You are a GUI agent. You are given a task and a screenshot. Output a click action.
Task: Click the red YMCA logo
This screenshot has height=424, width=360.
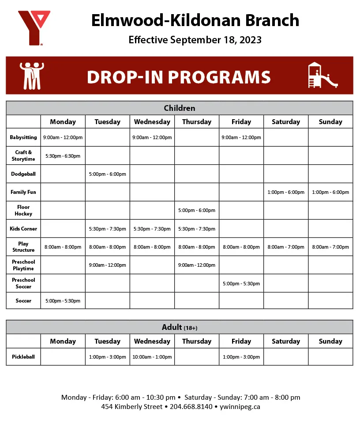pyautogui.click(x=34, y=27)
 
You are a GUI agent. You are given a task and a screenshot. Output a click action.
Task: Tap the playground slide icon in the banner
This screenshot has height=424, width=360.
pyautogui.click(x=322, y=75)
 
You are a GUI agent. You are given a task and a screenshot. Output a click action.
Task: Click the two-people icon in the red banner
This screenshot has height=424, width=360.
pyautogui.click(x=32, y=76)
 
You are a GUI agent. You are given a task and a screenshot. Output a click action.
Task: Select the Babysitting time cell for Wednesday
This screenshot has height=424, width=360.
pyautogui.click(x=152, y=137)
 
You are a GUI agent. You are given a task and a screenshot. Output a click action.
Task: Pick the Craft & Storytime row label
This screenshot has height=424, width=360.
pyautogui.click(x=23, y=155)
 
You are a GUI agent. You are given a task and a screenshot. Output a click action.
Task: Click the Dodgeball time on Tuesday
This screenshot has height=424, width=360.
pyautogui.click(x=108, y=174)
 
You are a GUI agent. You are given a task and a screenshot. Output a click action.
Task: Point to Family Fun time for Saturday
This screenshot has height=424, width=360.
pyautogui.click(x=286, y=192)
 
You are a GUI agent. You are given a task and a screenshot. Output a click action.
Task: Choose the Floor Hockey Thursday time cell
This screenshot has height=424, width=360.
pyautogui.click(x=197, y=210)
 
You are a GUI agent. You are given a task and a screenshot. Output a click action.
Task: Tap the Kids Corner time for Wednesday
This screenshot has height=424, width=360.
pyautogui.click(x=152, y=229)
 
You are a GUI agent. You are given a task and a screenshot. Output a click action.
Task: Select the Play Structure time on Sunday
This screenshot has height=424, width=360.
pyautogui.click(x=330, y=247)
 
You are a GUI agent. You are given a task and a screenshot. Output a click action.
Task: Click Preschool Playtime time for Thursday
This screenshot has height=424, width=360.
pyautogui.click(x=197, y=265)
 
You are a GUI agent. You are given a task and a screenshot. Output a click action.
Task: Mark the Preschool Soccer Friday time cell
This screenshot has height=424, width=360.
pyautogui.click(x=241, y=284)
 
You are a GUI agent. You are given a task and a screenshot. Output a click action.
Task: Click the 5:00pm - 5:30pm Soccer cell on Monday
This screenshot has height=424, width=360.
pyautogui.click(x=63, y=301)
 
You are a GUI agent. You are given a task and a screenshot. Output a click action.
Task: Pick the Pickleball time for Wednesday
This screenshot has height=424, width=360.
pyautogui.click(x=152, y=357)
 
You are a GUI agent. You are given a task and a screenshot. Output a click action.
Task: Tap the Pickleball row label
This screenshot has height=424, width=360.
pyautogui.click(x=23, y=357)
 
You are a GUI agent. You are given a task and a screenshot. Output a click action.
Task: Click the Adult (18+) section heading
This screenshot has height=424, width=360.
pyautogui.click(x=180, y=327)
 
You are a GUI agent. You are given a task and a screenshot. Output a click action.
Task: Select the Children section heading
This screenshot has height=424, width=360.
pyautogui.click(x=180, y=108)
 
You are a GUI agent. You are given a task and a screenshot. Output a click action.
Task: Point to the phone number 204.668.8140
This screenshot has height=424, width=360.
pyautogui.click(x=191, y=406)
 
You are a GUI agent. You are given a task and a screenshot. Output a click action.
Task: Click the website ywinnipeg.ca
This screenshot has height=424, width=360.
pyautogui.click(x=240, y=406)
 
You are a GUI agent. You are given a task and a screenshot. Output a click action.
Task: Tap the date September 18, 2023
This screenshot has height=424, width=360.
pyautogui.click(x=216, y=40)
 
